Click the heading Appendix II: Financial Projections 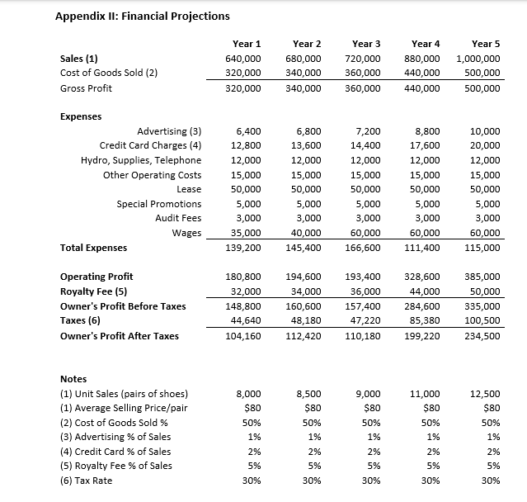[142, 16]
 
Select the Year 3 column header [366, 44]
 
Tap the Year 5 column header [485, 44]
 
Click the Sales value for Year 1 [243, 59]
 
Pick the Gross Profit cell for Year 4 [425, 88]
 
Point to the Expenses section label [82, 117]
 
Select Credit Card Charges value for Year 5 [485, 145]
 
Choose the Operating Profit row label [96, 277]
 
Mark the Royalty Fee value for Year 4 [426, 291]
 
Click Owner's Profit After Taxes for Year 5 [482, 336]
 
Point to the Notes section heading [74, 379]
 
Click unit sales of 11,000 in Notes [426, 394]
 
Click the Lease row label [189, 189]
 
